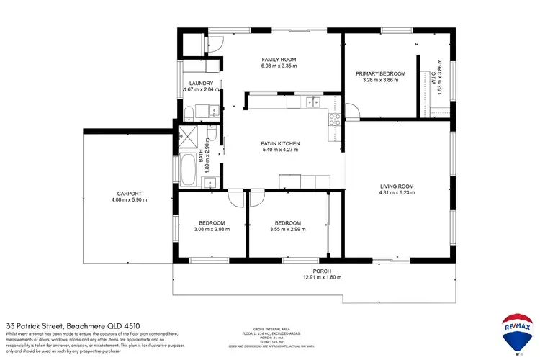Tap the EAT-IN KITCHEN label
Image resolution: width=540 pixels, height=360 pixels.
pyautogui.click(x=280, y=144)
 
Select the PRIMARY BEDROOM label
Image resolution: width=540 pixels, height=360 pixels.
pyautogui.click(x=381, y=73)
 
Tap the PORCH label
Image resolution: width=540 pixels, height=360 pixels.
pyautogui.click(x=312, y=271)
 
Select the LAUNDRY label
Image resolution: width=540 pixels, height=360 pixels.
pyautogui.click(x=201, y=84)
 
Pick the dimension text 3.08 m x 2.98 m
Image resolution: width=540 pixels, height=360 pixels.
pyautogui.click(x=212, y=230)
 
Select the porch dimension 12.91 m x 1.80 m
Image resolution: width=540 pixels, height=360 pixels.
pyautogui.click(x=312, y=277)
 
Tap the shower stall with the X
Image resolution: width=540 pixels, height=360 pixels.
pyautogui.click(x=189, y=136)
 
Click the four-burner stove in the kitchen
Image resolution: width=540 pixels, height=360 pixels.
pyautogui.click(x=334, y=118)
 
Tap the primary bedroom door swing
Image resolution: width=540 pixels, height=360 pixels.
pyautogui.click(x=352, y=112)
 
